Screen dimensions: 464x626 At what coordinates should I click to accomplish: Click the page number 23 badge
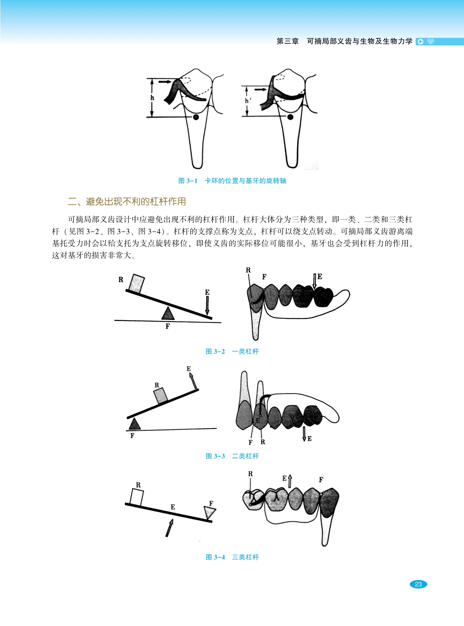[x=418, y=584]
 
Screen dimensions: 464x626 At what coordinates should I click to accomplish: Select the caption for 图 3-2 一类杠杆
[x=232, y=352]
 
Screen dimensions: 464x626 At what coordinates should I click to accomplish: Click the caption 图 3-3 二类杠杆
[x=232, y=456]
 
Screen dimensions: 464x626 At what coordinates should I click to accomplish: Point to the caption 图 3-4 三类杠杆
[x=232, y=557]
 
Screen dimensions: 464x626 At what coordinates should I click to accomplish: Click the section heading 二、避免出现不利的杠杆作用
[x=127, y=202]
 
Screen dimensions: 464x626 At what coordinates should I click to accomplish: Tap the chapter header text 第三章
[x=287, y=41]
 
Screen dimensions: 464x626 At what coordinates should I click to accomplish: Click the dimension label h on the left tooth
[x=152, y=98]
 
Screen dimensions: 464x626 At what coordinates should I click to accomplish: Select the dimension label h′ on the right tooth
[x=247, y=101]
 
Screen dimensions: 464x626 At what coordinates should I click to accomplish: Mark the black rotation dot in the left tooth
[x=196, y=117]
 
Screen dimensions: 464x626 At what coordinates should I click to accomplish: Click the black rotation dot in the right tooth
[x=290, y=117]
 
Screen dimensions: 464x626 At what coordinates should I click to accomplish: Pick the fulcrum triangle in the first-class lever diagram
[x=168, y=313]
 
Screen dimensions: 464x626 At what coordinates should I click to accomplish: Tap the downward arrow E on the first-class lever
[x=207, y=305]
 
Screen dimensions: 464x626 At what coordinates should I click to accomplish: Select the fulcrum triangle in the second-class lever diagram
[x=135, y=424]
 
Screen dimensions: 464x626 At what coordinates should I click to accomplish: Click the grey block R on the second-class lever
[x=160, y=396]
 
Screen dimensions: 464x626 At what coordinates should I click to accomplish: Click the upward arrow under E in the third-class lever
[x=169, y=528]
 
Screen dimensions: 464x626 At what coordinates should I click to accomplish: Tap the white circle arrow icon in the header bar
[x=420, y=42]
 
